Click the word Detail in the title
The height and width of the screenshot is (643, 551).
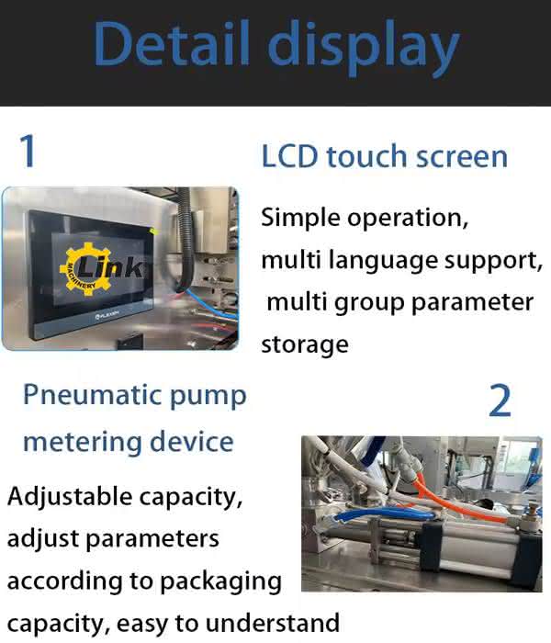point(173,43)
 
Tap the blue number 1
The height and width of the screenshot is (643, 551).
point(28,151)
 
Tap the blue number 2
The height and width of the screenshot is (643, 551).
point(500,400)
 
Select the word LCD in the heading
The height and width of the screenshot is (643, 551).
point(289,156)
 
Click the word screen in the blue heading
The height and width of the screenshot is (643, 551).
point(462,157)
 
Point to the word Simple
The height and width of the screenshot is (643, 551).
point(301,218)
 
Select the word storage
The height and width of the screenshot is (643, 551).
point(305,344)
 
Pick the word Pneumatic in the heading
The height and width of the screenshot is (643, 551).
point(92,395)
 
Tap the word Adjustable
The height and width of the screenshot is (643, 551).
point(69,498)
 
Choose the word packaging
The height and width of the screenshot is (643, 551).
point(220,582)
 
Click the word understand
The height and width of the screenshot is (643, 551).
point(272,624)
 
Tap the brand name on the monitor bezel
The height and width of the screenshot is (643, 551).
point(107,314)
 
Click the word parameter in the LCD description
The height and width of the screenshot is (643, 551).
point(472,303)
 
